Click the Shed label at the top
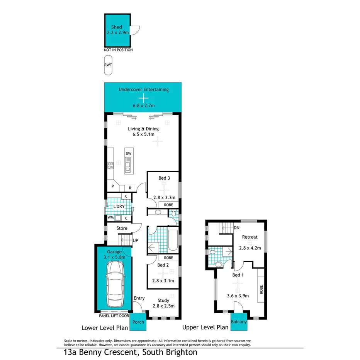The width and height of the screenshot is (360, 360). [x=117, y=27]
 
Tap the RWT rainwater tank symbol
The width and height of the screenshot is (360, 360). [x=108, y=65]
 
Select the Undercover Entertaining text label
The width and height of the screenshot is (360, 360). [x=143, y=90]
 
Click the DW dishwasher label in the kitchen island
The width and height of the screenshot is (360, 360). [x=129, y=154]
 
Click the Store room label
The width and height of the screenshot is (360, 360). [x=122, y=228]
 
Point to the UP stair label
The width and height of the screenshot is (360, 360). [x=136, y=240]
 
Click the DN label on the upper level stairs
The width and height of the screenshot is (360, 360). [x=236, y=228]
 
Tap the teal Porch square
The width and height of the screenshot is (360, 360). [x=138, y=322]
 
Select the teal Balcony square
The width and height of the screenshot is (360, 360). [x=239, y=322]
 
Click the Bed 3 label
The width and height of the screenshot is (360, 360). [x=164, y=178]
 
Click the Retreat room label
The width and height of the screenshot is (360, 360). [x=250, y=237]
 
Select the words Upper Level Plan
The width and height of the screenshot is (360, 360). [x=205, y=328]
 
